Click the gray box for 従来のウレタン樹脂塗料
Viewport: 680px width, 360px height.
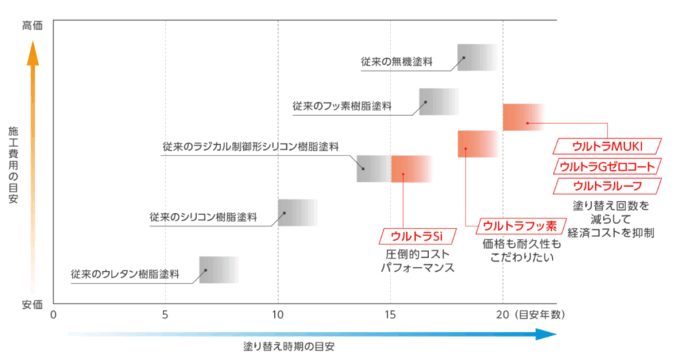click(x=218, y=270)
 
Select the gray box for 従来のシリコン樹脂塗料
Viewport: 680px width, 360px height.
click(x=297, y=213)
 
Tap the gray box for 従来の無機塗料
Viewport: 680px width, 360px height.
click(x=477, y=58)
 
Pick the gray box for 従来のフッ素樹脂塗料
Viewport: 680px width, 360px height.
click(x=438, y=102)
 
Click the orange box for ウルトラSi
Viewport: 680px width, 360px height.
click(x=411, y=169)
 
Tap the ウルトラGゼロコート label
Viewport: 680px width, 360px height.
click(x=607, y=166)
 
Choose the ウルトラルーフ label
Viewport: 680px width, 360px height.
click(x=607, y=185)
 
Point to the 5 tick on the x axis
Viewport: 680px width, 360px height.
click(x=165, y=314)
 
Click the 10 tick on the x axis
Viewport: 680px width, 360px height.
click(x=278, y=314)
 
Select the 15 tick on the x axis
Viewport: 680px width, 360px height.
click(x=390, y=314)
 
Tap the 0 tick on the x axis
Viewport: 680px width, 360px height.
click(x=54, y=314)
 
